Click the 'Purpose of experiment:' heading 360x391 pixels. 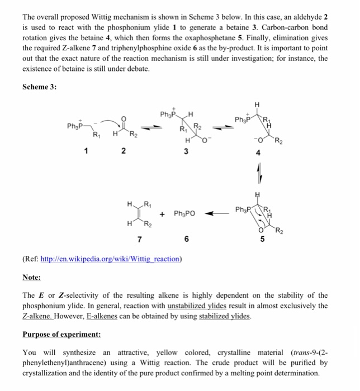[61, 336]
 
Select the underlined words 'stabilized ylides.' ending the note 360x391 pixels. [225, 316]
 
